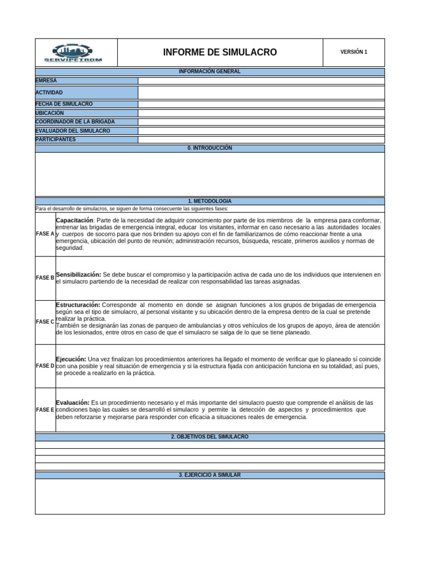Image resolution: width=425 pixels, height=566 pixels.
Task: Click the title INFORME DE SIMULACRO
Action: pos(220,53)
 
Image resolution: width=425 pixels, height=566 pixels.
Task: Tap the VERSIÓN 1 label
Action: pos(354,52)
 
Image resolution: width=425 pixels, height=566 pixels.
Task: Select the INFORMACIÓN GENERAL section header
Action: pos(209,72)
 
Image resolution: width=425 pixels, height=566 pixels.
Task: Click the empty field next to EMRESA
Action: pos(261,81)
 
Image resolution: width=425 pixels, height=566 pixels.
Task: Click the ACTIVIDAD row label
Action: pos(49,92)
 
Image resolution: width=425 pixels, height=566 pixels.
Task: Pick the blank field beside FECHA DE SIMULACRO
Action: pos(261,104)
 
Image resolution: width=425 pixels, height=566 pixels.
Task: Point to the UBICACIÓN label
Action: pos(50,113)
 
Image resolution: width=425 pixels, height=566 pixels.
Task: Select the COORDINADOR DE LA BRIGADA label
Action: pos(75,122)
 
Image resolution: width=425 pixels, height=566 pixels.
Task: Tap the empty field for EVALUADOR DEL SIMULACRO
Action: pos(261,131)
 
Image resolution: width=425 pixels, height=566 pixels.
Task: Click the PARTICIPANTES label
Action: pos(56,139)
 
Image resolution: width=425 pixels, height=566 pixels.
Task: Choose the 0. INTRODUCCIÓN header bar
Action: pos(209,148)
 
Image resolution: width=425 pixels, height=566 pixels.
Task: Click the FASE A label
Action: pos(45,234)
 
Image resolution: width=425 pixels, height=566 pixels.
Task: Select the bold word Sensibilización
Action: pos(79,274)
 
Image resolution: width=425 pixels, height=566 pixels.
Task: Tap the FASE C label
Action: pos(45,322)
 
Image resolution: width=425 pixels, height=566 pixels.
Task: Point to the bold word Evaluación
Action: pos(73,402)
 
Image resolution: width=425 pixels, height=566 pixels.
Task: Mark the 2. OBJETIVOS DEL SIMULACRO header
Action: pos(209,437)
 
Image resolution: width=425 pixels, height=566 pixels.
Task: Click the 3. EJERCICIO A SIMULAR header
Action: pos(209,475)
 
